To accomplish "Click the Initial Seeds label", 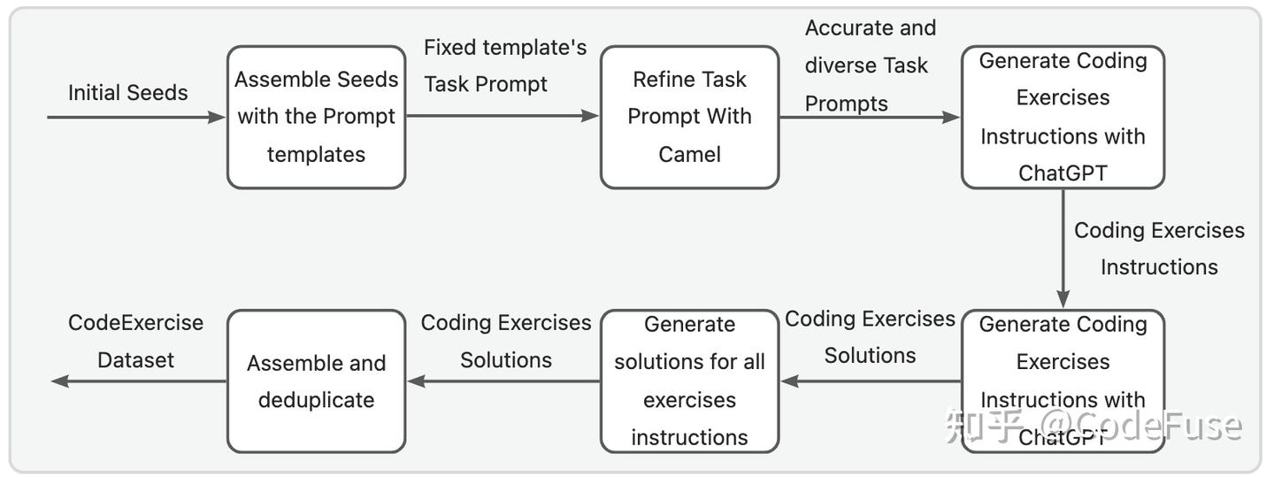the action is click(x=128, y=92).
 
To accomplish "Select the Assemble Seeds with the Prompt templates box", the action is click(x=316, y=117).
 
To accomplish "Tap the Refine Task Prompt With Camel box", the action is click(x=689, y=117).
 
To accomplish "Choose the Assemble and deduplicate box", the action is click(x=316, y=381).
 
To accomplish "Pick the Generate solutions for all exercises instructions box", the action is click(x=689, y=381).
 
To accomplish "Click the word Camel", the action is click(x=689, y=154).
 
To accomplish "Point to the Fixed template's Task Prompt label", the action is click(x=505, y=65).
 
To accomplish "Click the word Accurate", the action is click(x=841, y=27).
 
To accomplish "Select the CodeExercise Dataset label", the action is click(x=135, y=341).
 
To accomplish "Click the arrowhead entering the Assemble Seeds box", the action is click(x=218, y=117).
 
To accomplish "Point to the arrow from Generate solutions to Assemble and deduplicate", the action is click(x=503, y=381).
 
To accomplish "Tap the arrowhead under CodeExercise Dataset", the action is click(x=60, y=381).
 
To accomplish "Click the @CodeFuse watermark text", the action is click(x=1142, y=426).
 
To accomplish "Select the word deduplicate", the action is click(x=316, y=400).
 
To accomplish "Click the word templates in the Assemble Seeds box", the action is click(x=316, y=154).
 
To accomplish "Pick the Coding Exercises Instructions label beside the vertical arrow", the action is click(x=1159, y=249).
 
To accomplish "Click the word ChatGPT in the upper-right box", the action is click(x=1063, y=173).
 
